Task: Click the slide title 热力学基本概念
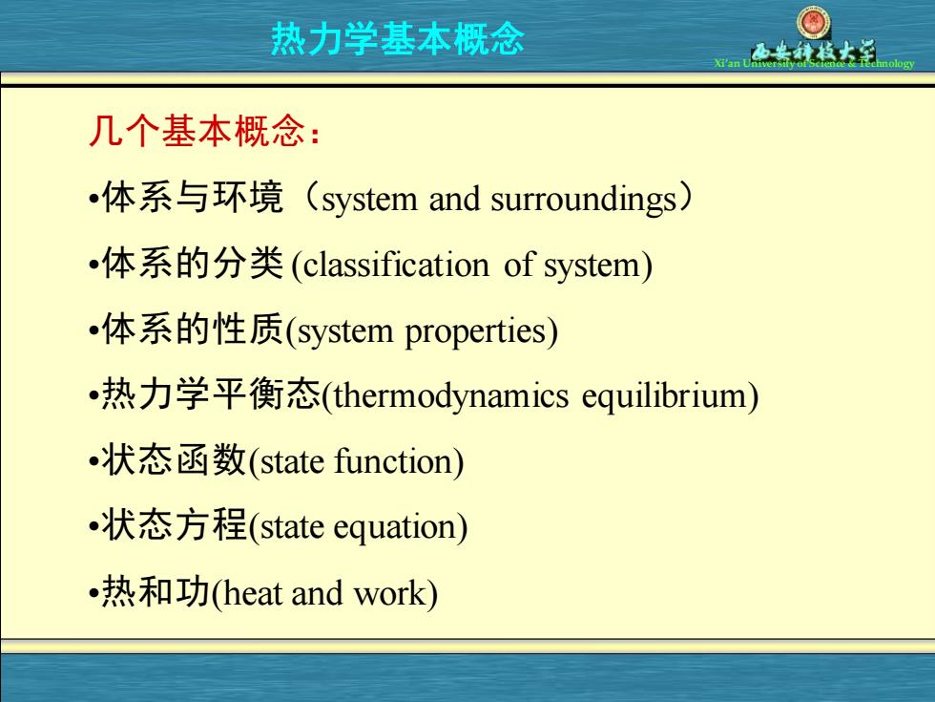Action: coord(398,39)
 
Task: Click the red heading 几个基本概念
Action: coord(197,130)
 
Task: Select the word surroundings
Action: coord(583,200)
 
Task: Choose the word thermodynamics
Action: coord(450,396)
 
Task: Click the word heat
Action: coord(252,593)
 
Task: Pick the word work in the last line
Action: coord(390,593)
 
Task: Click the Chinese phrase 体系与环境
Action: coord(193,198)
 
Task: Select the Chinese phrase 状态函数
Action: coord(174,459)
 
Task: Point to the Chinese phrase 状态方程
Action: coord(174,525)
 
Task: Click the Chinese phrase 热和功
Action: coord(156,591)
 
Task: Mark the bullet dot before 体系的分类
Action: coord(93,265)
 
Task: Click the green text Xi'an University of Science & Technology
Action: coord(814,63)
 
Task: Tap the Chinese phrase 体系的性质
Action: coord(193,329)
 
